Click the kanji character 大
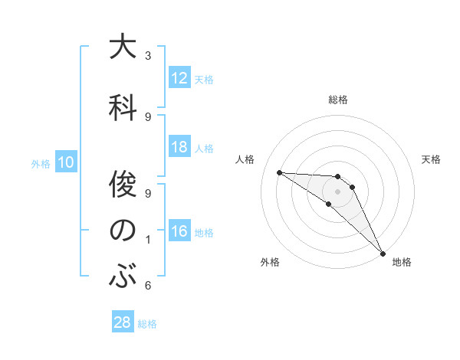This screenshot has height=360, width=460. (x=123, y=47)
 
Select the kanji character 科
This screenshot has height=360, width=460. (x=123, y=106)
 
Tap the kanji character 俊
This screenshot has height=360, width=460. (x=123, y=184)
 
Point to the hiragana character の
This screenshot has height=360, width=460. (x=123, y=231)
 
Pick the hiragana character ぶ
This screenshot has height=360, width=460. (x=123, y=277)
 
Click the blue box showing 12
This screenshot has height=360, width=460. (x=179, y=79)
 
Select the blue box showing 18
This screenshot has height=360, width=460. (x=179, y=148)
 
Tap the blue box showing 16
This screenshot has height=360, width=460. (x=179, y=232)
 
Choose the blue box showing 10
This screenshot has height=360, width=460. (x=66, y=162)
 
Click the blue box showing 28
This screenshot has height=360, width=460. (x=123, y=323)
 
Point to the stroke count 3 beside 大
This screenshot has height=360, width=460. (x=148, y=56)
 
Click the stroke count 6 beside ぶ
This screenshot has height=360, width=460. (x=148, y=286)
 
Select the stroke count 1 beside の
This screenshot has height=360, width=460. (x=148, y=240)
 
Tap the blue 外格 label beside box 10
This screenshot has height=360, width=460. (x=41, y=163)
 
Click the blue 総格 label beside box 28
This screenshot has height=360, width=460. (x=147, y=324)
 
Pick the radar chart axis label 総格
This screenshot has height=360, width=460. (x=337, y=100)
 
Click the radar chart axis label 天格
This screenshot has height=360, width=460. (x=432, y=159)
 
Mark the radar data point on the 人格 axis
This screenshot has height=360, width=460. (x=279, y=172)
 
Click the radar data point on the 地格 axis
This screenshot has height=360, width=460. (x=383, y=254)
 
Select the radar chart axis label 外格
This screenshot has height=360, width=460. (x=270, y=262)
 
